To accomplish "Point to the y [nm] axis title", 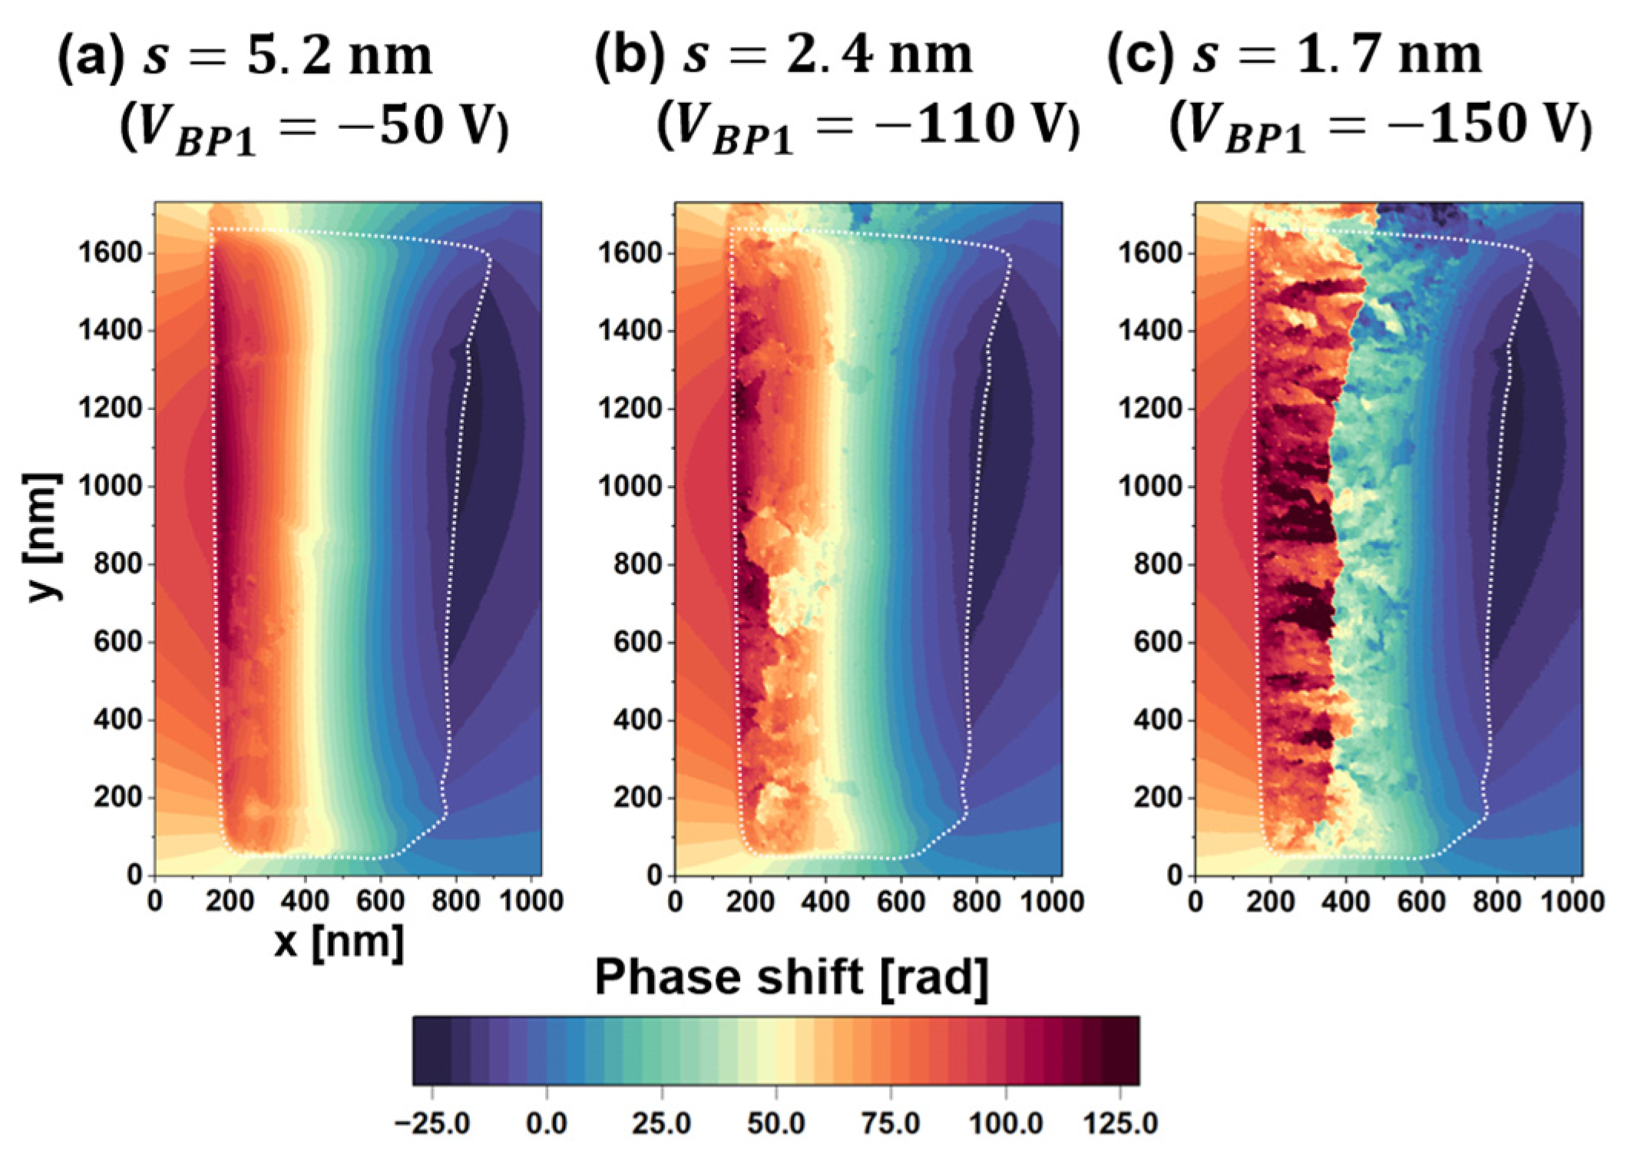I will pos(45,537).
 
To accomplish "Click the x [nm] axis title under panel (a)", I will pos(339,942).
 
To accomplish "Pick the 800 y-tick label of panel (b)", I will pos(640,565).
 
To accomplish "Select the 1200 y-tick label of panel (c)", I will pos(1152,409).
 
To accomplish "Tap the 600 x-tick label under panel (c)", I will pos(1420,901).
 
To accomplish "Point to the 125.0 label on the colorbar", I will pos(1121,1124).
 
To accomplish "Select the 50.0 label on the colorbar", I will pos(776,1124).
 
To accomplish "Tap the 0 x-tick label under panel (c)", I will pos(1195,901).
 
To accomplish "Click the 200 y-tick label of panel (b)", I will pos(640,798).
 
